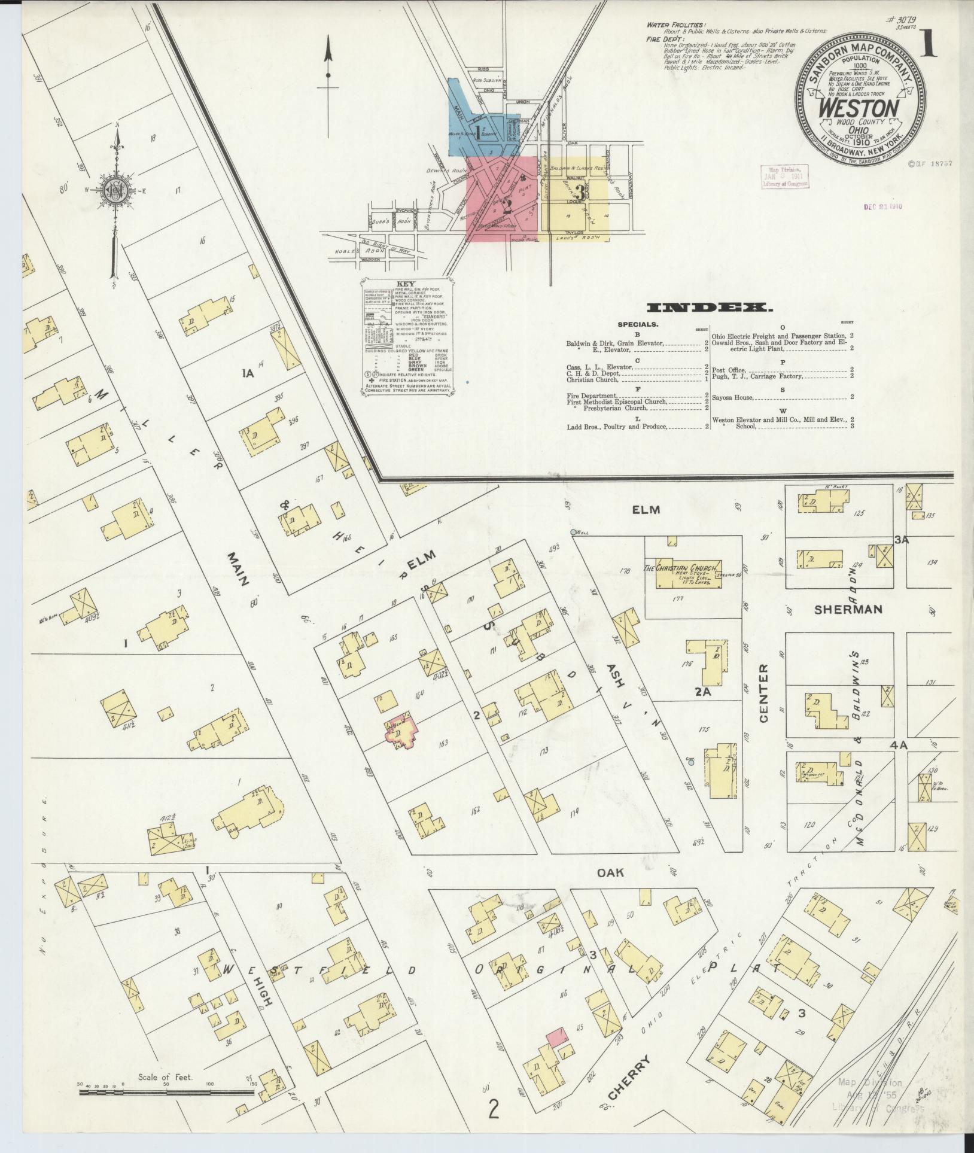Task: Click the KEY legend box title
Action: tap(405, 284)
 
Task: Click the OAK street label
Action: tap(610, 872)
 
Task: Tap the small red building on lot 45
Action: tap(557, 1037)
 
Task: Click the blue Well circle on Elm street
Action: tap(573, 532)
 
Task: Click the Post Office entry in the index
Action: tap(728, 370)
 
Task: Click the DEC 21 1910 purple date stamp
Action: tap(882, 207)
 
